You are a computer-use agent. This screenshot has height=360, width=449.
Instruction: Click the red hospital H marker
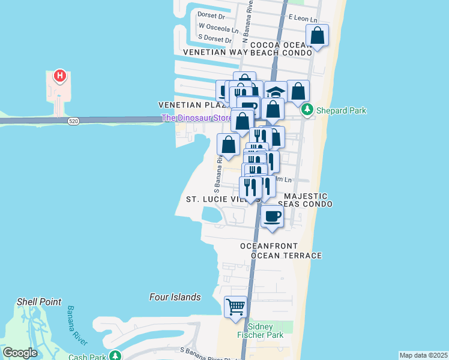[x=59, y=76]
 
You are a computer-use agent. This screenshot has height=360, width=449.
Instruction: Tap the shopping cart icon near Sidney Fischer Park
[x=236, y=307]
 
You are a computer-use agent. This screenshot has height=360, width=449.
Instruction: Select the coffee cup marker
[x=272, y=216]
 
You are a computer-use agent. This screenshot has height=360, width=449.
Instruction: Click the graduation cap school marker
[x=276, y=92]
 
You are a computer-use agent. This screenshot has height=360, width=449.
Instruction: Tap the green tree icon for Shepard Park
[x=307, y=110]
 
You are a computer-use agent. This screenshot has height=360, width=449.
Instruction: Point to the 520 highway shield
[x=73, y=121]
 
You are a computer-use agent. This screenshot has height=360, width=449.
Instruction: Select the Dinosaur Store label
[x=196, y=118]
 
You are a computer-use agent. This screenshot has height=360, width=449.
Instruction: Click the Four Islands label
[x=175, y=297]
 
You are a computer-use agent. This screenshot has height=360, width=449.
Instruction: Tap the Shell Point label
[x=39, y=302]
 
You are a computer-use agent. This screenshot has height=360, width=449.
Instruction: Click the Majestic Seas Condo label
[x=306, y=200]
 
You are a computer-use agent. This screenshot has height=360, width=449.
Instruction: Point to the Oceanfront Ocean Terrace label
[x=281, y=251]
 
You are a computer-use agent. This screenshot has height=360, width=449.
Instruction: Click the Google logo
[x=20, y=353]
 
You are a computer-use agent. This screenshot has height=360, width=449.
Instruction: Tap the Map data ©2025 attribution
[x=423, y=355]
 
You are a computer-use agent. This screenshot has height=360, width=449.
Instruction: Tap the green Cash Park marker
[x=115, y=355]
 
